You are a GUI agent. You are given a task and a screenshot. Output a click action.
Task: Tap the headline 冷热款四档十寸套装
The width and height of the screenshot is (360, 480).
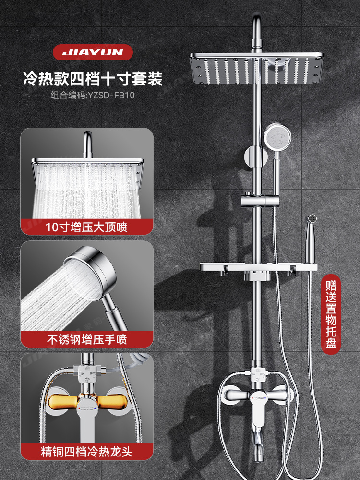tap(93, 78)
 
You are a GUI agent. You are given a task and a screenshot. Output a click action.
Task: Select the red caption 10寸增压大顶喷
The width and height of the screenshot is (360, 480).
tap(87, 226)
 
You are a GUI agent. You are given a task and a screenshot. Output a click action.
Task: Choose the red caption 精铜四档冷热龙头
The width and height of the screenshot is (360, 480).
tap(87, 452)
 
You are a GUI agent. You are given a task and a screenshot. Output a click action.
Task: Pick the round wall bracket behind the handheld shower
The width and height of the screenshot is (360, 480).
tap(252, 158)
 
